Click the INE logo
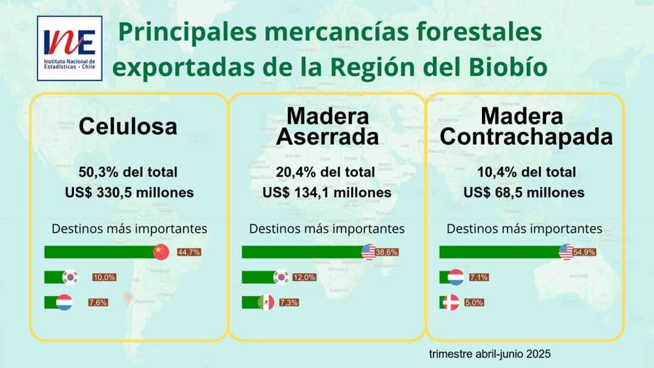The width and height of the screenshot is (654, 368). [70, 48]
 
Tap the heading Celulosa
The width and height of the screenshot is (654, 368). [128, 126]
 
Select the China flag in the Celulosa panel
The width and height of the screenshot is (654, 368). [161, 252]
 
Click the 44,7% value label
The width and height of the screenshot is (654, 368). [189, 252]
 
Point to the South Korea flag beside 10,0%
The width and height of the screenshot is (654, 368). [71, 277]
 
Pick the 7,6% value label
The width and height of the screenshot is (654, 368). [98, 302]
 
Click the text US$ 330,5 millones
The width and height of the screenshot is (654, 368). [129, 193]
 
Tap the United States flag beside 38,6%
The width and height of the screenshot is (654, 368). [369, 252]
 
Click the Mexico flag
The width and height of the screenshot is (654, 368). [266, 302]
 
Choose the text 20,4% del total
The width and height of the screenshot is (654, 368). [326, 172]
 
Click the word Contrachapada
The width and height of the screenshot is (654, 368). [526, 137]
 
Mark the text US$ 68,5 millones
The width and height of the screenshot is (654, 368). [524, 193]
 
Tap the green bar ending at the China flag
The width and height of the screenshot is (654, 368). [99, 252]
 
